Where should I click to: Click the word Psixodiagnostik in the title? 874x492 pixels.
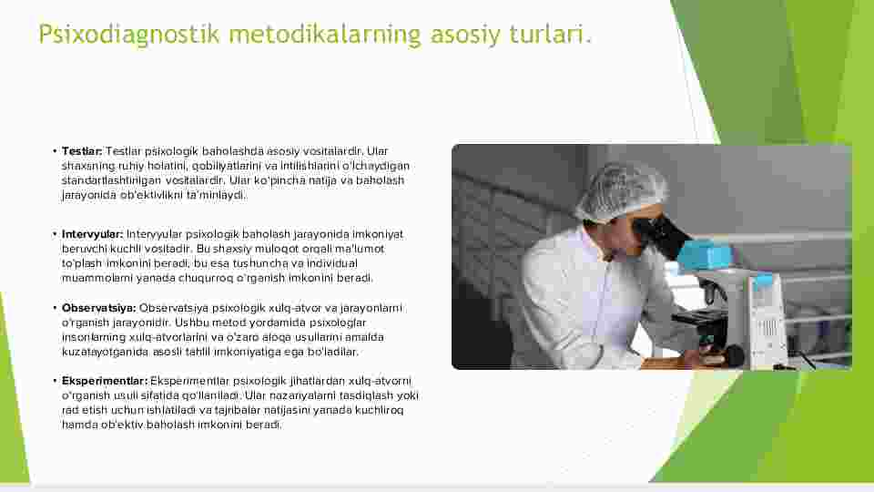click(128, 35)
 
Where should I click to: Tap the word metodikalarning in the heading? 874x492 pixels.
click(325, 34)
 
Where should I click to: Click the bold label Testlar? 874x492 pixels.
click(82, 151)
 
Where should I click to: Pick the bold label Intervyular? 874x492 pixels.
click(93, 234)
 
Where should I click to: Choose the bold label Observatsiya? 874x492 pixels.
click(98, 308)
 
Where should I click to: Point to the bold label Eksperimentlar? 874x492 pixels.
click(105, 381)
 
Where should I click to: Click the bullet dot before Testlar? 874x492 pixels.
click(56, 151)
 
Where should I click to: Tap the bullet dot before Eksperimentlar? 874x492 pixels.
click(56, 381)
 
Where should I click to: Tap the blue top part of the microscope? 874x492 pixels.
click(705, 254)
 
